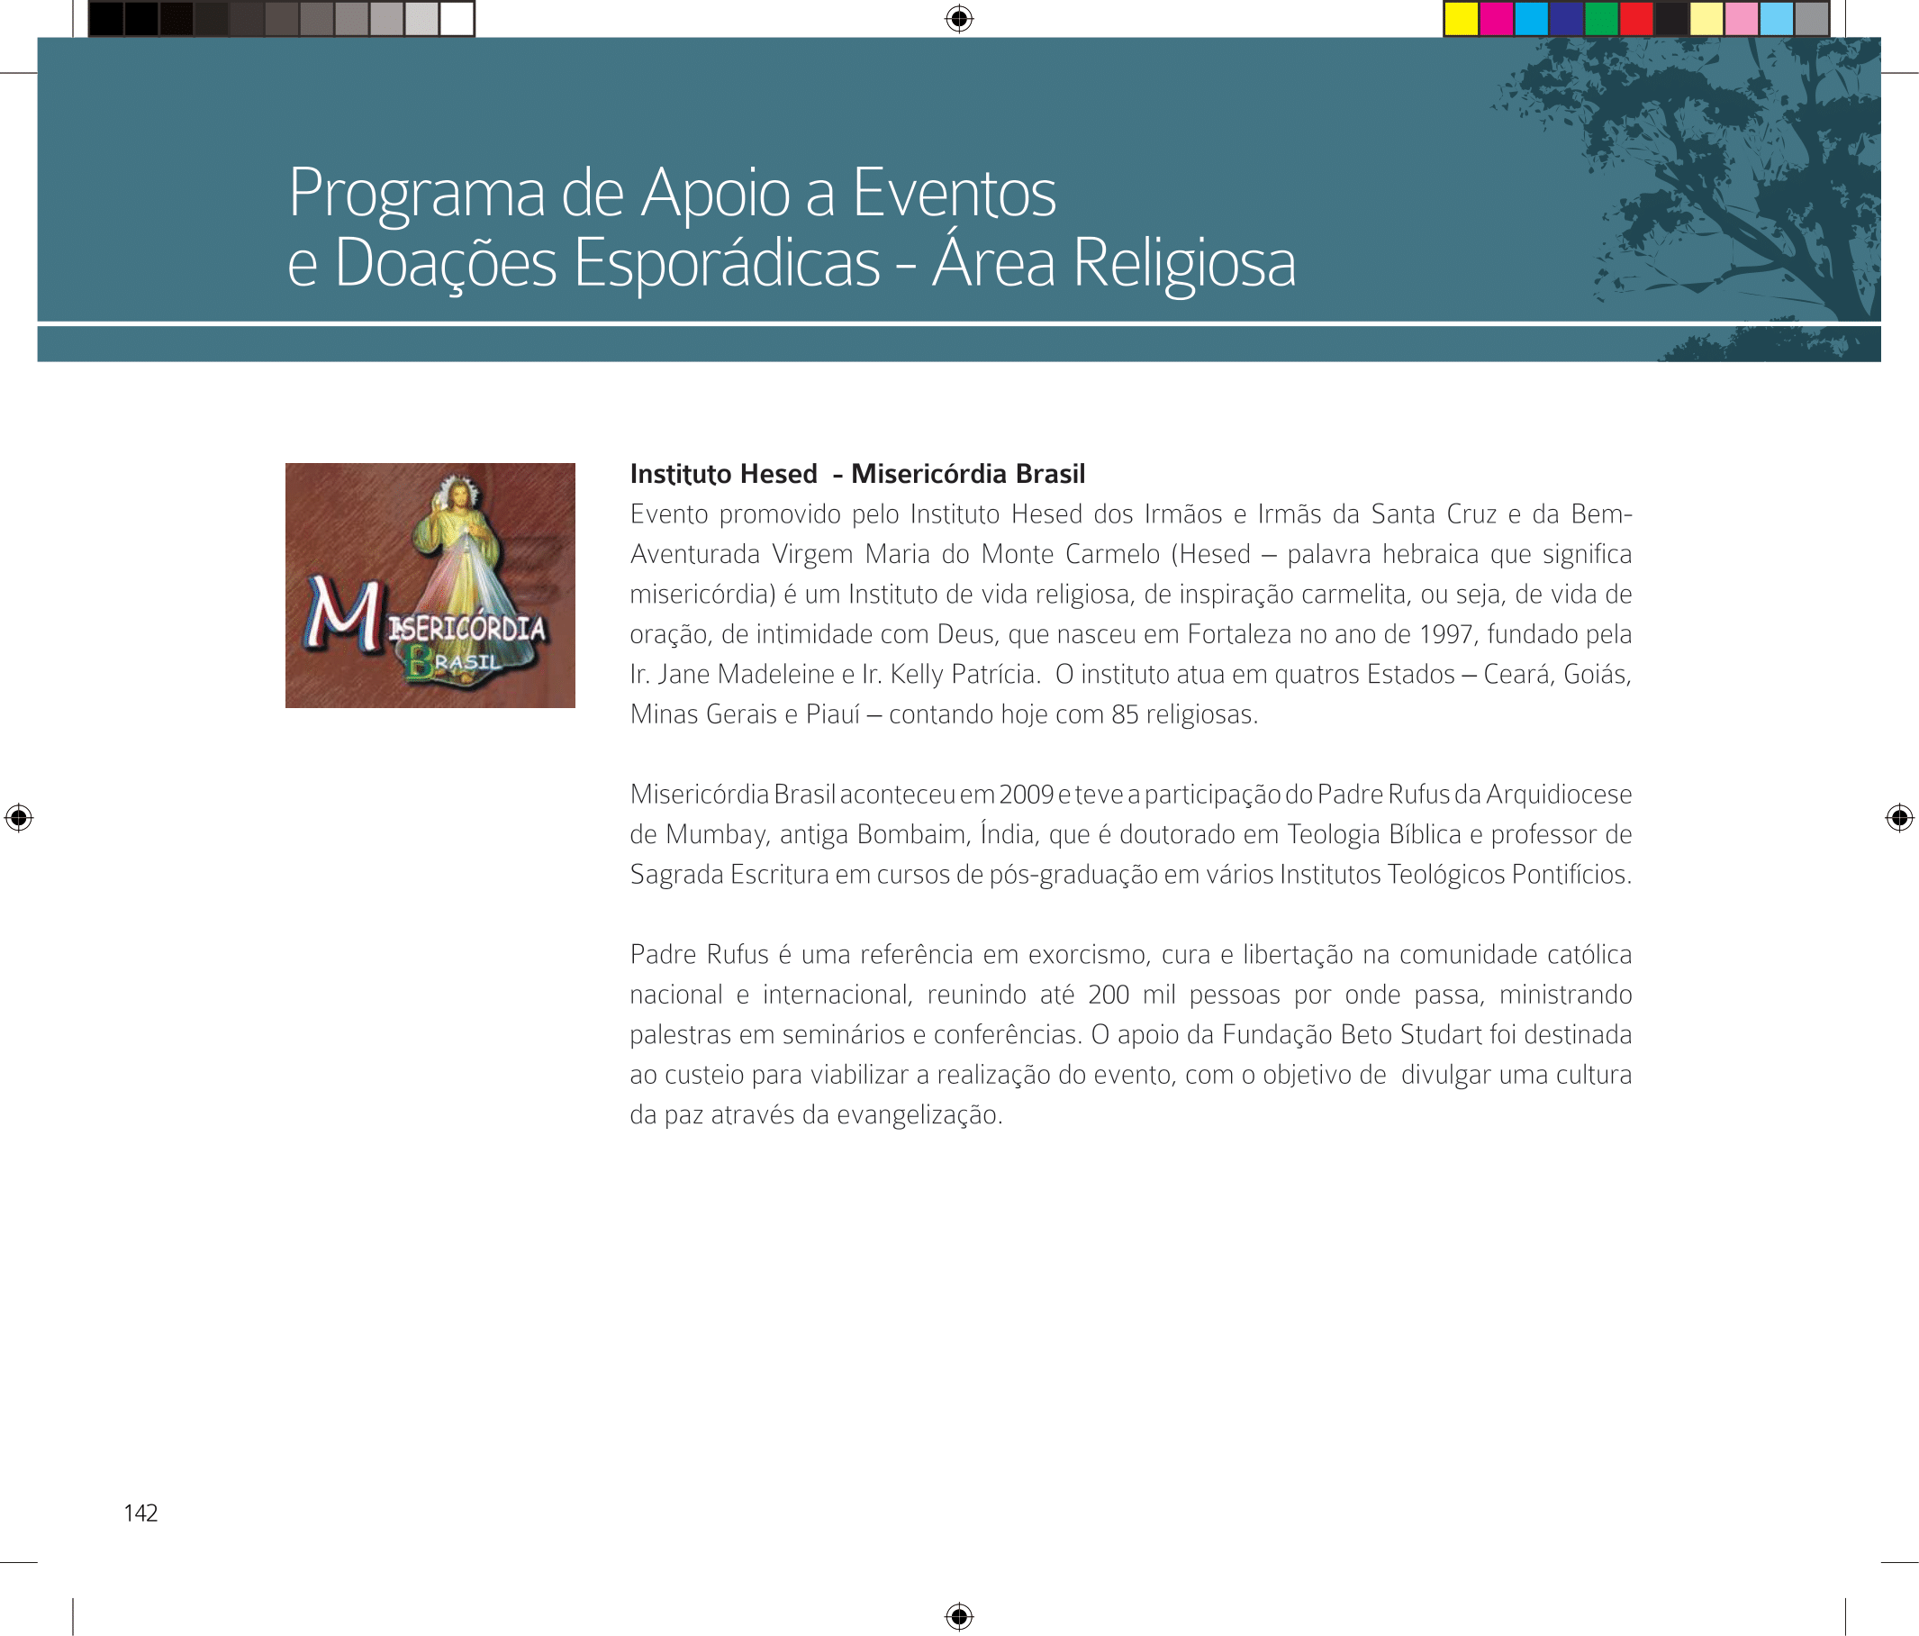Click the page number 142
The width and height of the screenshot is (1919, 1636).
click(x=140, y=1513)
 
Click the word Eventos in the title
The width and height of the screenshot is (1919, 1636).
click(x=953, y=193)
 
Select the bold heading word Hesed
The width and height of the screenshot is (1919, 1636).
click(x=778, y=473)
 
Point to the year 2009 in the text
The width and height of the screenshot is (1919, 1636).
click(x=1027, y=794)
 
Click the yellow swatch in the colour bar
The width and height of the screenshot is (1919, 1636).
click(x=1461, y=19)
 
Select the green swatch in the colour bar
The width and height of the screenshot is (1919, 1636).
click(x=1600, y=19)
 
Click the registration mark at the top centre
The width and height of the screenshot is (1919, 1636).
click(x=958, y=19)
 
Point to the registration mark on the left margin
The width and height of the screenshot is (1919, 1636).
click(x=19, y=817)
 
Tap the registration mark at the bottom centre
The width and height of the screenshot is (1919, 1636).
click(x=958, y=1616)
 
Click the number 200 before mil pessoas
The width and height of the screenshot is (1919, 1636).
click(x=1108, y=994)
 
